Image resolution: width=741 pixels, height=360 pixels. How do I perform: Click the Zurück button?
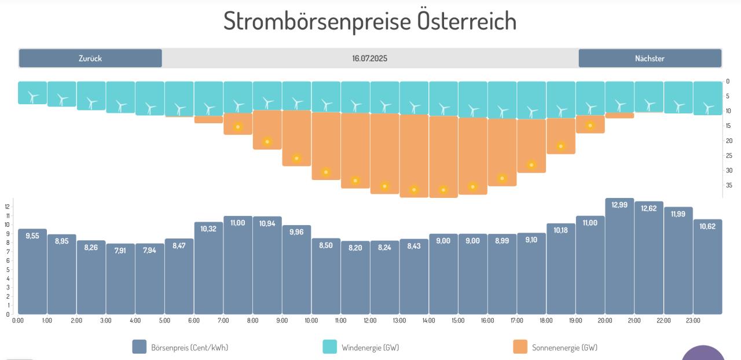90,58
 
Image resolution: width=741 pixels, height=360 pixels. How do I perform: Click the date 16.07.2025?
369,58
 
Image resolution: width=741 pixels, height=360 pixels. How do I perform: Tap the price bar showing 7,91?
120,279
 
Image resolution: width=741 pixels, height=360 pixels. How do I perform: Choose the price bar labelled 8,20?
355,278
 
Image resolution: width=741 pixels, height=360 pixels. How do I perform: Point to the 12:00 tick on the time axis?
370,321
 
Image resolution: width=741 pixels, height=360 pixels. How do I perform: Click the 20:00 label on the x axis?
605,321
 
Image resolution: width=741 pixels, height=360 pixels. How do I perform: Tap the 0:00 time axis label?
18,321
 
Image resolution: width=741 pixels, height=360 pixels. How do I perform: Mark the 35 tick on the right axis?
728,185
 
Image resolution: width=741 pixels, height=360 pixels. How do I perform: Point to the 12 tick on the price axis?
8,207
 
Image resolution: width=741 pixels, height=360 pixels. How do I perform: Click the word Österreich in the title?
467,21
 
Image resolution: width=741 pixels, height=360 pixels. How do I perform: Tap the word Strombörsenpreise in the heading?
318,21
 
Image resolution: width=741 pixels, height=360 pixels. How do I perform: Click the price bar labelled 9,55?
32,272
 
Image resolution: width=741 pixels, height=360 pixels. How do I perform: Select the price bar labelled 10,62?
707,267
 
